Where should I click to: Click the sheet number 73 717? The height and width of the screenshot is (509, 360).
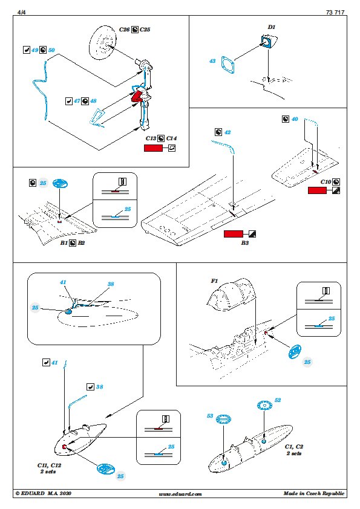[335, 12]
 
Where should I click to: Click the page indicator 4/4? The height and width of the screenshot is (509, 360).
[22, 12]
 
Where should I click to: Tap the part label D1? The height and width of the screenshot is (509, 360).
[271, 27]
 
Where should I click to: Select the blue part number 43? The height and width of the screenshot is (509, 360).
[212, 60]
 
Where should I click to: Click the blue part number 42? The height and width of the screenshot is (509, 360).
[227, 132]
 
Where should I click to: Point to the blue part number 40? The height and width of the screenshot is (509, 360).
[295, 119]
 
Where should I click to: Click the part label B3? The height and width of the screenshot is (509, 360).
[245, 242]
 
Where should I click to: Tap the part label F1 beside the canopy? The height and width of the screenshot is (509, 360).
[214, 280]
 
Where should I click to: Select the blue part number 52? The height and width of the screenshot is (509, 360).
[278, 400]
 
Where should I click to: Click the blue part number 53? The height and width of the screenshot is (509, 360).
[210, 416]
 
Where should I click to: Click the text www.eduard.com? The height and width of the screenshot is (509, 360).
[180, 494]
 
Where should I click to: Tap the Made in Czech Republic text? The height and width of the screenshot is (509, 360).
[314, 493]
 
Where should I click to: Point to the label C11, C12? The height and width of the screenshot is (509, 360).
[49, 465]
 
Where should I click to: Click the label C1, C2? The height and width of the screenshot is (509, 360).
[293, 447]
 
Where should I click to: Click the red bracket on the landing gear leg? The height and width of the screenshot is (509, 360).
[137, 96]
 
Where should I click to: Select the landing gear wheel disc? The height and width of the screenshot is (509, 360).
[102, 42]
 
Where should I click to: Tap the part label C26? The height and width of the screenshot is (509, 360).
[124, 30]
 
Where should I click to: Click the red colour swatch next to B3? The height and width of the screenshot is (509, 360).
[234, 234]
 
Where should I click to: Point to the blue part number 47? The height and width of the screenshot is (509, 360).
[77, 101]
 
